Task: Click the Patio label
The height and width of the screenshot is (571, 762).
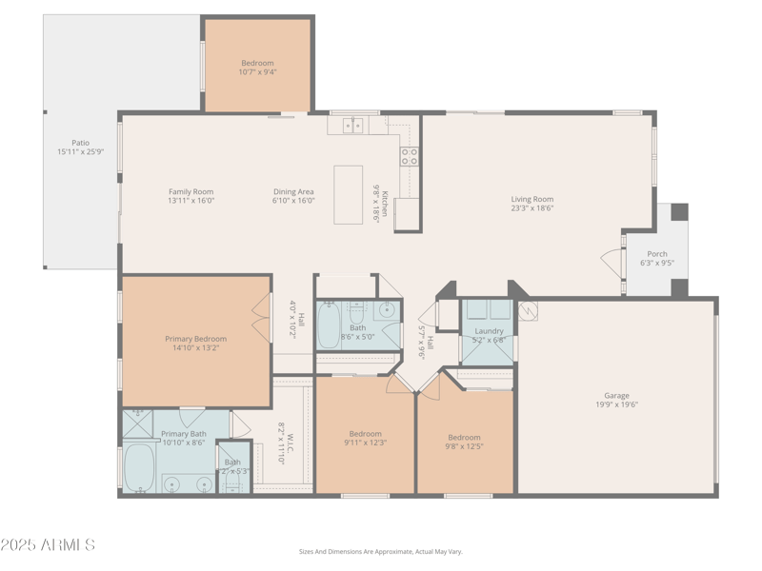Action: pos(80,143)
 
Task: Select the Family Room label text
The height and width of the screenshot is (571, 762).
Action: pos(190,191)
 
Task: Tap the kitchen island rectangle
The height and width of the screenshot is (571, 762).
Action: pos(348,194)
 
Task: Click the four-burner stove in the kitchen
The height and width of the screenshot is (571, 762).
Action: pos(409,156)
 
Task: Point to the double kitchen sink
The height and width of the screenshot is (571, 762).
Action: pos(352,125)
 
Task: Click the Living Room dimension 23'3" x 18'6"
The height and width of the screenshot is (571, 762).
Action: pos(531,207)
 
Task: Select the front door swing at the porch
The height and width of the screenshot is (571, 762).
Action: pos(612,262)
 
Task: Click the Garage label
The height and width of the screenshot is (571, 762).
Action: pos(616,395)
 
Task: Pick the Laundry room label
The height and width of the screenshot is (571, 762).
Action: pos(489,331)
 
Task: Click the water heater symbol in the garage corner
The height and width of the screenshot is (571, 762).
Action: pos(529,309)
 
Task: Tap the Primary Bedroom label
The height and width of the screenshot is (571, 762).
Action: pos(195,339)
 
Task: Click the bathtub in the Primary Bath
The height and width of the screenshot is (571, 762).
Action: pos(139,467)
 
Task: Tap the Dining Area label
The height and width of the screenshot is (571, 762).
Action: pos(293,191)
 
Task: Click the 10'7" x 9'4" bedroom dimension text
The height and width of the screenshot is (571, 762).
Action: pos(257,71)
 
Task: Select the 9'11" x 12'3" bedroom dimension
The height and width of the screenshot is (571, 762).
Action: pos(365,443)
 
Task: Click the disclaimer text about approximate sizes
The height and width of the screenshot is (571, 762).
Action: pos(380,551)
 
